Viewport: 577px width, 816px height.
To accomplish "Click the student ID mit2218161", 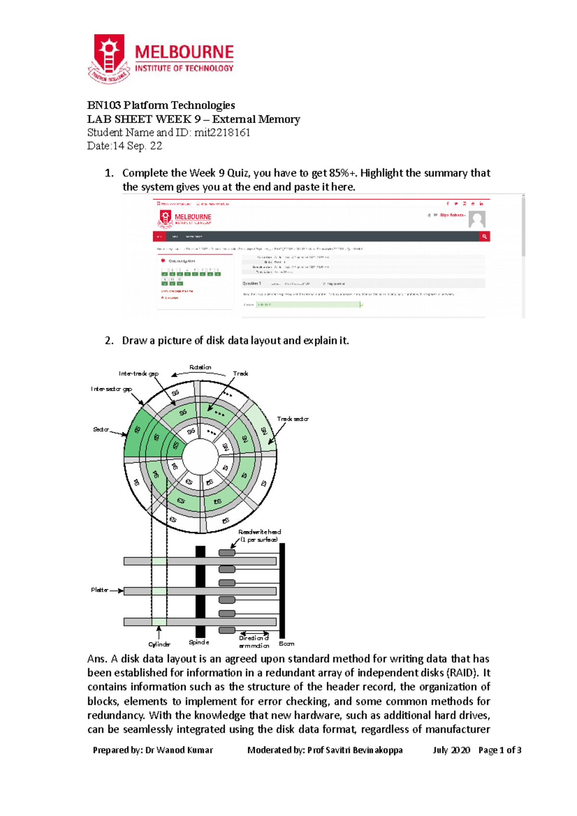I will (x=222, y=133).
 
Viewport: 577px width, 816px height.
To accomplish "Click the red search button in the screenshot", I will (x=484, y=236).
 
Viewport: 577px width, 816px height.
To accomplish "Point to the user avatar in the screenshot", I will (x=477, y=219).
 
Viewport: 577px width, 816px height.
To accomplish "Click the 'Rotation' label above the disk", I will (x=200, y=367).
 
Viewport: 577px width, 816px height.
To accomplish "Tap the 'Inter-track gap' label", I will (x=138, y=373).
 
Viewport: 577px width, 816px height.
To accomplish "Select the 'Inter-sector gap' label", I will (x=111, y=389).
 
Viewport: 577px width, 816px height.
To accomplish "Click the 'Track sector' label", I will (x=292, y=419).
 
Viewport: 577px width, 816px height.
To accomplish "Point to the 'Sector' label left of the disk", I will (x=101, y=429).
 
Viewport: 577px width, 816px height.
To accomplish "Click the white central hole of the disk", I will (x=201, y=457).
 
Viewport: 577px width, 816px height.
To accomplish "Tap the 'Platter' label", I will (x=100, y=590).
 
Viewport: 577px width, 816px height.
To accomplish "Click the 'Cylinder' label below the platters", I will (x=159, y=644).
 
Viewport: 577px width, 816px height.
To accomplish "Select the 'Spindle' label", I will (x=199, y=642).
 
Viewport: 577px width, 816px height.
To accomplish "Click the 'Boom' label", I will (x=287, y=643).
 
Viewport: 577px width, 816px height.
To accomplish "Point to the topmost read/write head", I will (x=227, y=553).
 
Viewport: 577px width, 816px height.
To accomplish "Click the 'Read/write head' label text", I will (x=260, y=532).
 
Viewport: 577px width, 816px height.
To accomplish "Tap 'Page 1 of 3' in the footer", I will (x=500, y=750).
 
